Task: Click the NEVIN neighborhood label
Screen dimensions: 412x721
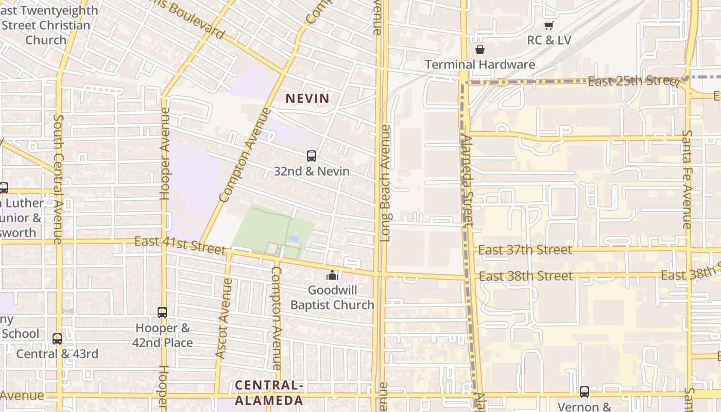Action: tap(307, 98)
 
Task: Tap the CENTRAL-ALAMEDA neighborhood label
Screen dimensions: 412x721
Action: tap(269, 393)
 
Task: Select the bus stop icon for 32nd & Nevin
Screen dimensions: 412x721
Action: tap(311, 156)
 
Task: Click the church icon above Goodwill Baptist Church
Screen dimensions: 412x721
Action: tap(332, 275)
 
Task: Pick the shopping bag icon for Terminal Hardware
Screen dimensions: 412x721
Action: tap(479, 49)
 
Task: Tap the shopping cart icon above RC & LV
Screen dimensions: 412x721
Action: tap(548, 25)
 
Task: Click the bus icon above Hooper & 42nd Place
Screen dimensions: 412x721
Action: tap(162, 312)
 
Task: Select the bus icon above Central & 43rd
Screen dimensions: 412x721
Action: tap(57, 338)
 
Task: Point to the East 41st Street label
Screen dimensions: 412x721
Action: tap(180, 245)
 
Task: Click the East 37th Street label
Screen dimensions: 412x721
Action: tap(525, 250)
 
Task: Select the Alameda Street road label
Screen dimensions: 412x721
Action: tap(467, 180)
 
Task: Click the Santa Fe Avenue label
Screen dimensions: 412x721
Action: tap(687, 179)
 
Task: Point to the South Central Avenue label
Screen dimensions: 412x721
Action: tap(58, 179)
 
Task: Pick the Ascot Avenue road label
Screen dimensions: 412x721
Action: tap(224, 318)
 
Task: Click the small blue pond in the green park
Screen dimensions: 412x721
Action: tap(294, 239)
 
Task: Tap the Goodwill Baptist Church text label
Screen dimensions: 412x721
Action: tap(332, 298)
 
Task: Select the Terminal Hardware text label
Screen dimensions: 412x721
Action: tap(479, 64)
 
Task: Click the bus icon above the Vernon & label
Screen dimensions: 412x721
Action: tap(584, 391)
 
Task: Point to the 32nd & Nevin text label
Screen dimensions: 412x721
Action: tap(311, 171)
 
